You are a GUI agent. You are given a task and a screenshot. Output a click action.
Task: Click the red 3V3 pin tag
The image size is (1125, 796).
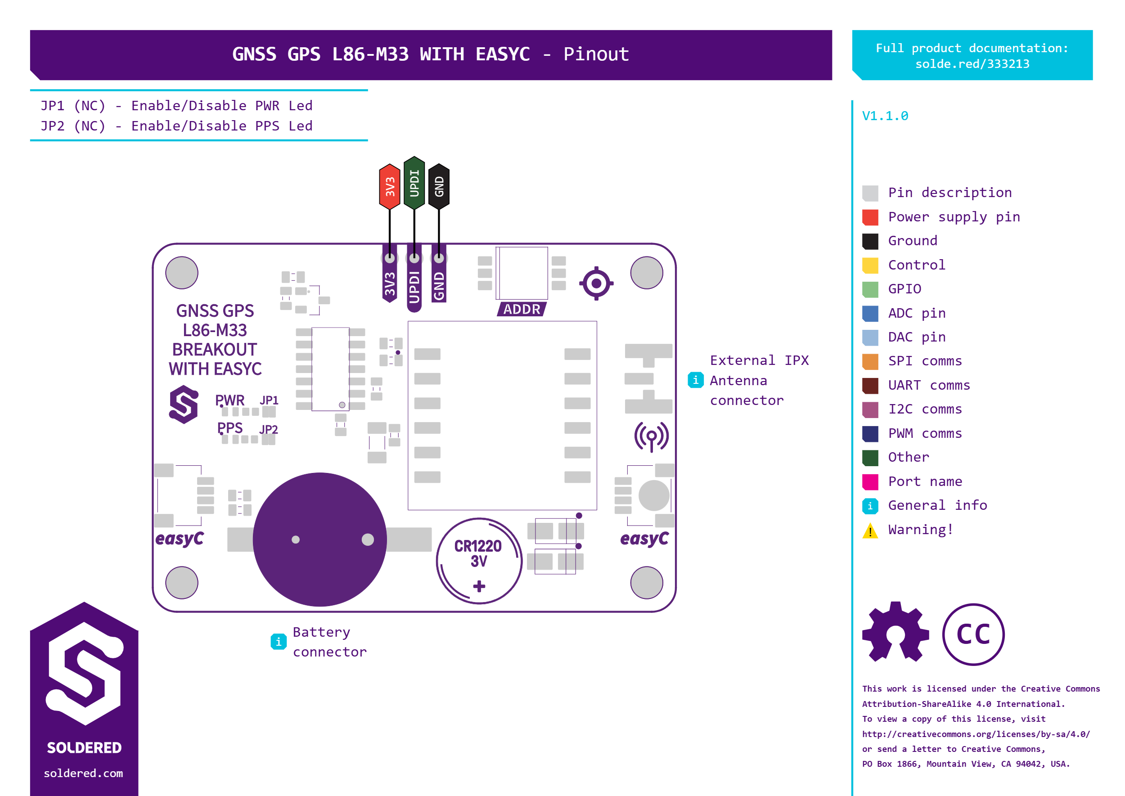pos(390,187)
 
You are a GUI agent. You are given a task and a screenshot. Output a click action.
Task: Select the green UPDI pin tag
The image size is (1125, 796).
pos(414,183)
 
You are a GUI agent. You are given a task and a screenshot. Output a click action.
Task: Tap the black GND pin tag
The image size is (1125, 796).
pos(439,187)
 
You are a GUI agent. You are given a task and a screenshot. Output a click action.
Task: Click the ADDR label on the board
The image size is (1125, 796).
pos(522,309)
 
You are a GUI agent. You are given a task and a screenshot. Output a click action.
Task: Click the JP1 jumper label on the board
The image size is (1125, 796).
pos(269,400)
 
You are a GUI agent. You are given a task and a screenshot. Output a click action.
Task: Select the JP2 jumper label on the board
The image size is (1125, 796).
pos(268,430)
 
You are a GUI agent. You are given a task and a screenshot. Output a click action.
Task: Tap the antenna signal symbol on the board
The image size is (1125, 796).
pos(651,436)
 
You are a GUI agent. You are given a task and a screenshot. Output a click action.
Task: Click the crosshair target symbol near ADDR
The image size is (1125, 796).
pos(596,283)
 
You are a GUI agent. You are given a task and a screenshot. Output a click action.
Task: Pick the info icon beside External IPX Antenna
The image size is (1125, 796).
pos(696,380)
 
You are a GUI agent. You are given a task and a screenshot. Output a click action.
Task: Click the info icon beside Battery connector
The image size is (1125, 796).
pos(279,642)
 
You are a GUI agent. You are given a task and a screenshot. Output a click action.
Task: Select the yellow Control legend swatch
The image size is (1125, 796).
pos(870,265)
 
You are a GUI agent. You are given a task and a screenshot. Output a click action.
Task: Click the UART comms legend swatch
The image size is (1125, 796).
pos(870,385)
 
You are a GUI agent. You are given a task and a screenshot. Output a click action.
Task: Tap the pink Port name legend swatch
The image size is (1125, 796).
pos(870,482)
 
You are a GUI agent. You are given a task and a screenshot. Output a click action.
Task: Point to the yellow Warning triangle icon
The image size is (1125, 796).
pos(870,531)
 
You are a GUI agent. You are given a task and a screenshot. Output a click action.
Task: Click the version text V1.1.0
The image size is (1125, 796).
pos(885,116)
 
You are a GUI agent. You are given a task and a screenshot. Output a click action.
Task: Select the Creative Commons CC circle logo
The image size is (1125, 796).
pos(973,634)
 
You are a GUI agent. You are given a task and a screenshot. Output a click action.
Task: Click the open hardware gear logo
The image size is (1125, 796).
pos(895,632)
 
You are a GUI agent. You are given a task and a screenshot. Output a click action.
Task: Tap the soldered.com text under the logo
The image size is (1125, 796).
pos(83,773)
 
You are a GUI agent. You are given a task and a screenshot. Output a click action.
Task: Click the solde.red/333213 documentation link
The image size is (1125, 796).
pos(972,64)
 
